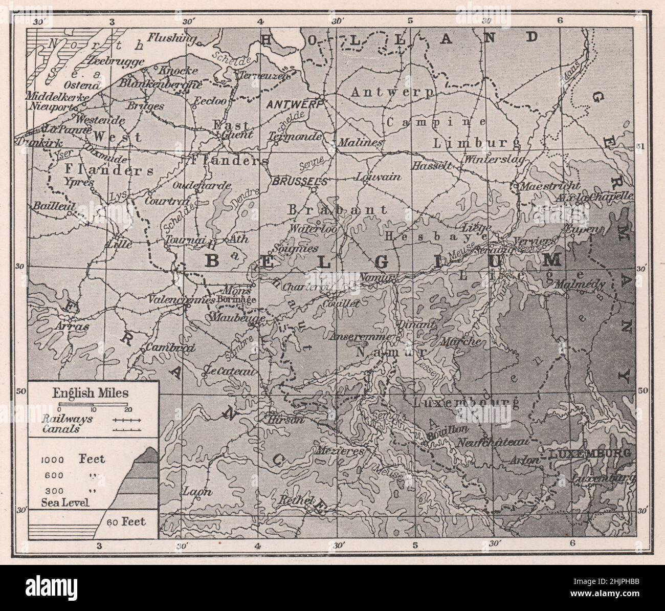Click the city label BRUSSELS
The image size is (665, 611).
[300, 181]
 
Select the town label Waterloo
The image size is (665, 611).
[312, 229]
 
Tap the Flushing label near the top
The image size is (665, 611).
[172, 37]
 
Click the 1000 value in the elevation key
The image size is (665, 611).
[52, 460]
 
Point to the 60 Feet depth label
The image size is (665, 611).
[126, 521]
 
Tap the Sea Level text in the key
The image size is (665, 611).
[65, 502]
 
